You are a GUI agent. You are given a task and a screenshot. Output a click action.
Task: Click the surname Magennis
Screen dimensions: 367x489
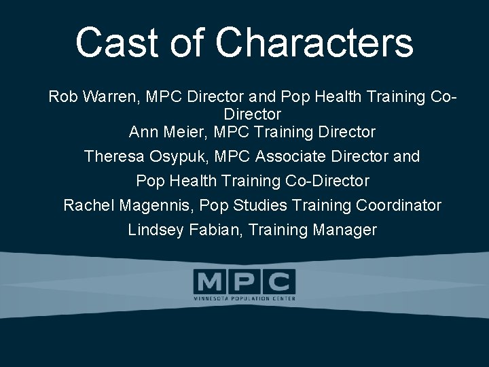(157, 205)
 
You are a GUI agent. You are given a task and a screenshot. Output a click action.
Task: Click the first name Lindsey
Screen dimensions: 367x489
(156, 230)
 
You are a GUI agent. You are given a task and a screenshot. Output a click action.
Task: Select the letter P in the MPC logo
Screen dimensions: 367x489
(244, 281)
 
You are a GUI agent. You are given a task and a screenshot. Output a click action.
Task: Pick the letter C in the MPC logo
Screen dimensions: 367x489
(279, 281)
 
